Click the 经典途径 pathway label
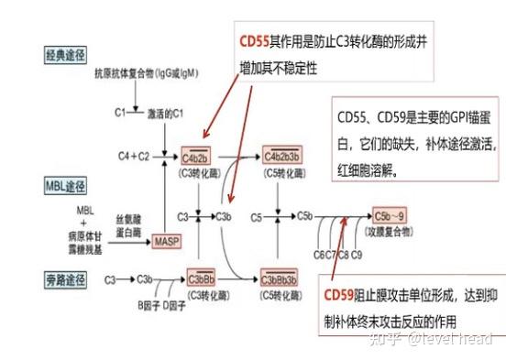pos(71,54)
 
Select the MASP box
pos(167,242)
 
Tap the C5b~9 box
pos(389,216)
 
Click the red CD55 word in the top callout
pos(256,42)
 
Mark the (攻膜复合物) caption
pos(390,233)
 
